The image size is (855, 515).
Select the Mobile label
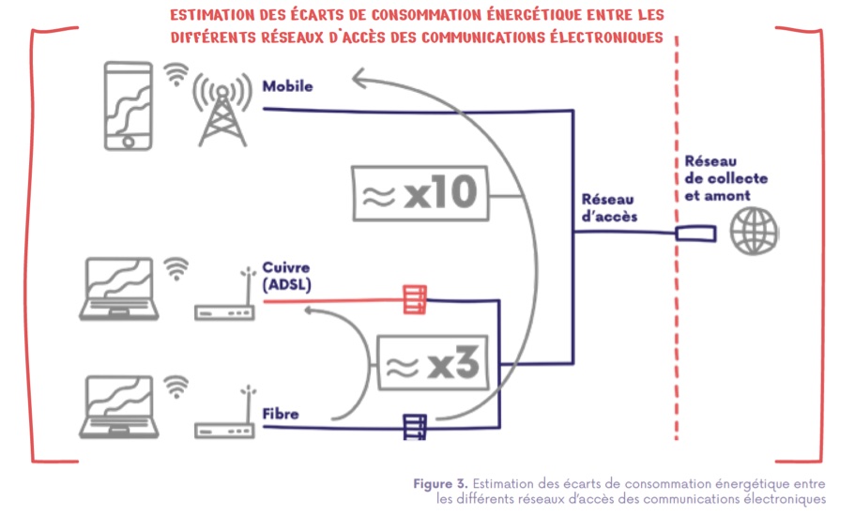click(287, 87)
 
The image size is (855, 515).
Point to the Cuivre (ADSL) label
click(286, 275)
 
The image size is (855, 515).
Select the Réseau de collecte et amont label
click(725, 178)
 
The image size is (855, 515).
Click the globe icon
click(756, 230)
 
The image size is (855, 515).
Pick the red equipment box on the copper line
click(414, 299)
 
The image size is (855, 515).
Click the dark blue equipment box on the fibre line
click(415, 428)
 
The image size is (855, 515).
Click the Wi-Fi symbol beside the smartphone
click(176, 75)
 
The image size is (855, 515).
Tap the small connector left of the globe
click(694, 232)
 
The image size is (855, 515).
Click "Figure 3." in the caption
click(440, 484)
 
